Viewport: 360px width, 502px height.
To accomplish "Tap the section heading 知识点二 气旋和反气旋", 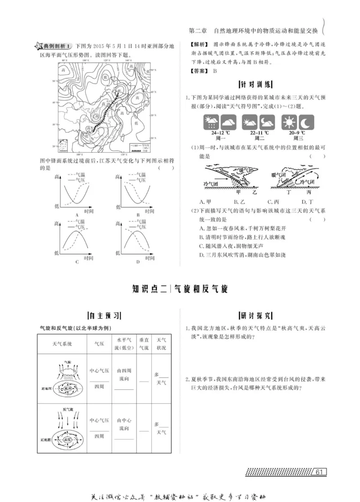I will tap(180, 289).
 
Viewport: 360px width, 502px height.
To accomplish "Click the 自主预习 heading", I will tap(107, 315).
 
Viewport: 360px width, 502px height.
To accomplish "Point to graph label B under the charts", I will tap(138, 215).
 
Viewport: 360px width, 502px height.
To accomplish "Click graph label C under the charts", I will tap(77, 262).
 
